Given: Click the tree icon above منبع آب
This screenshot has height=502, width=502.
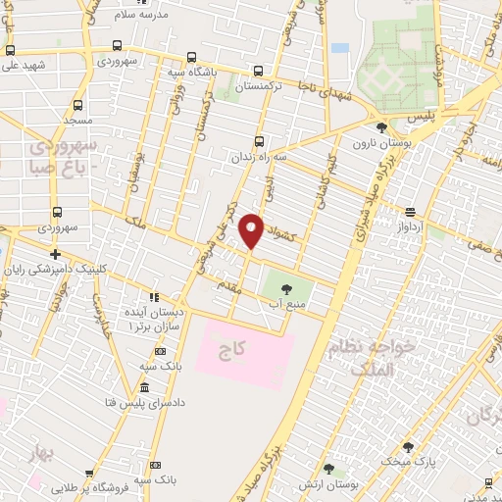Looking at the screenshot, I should pyautogui.click(x=286, y=288).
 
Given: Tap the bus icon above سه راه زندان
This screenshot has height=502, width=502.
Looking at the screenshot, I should pyautogui.click(x=260, y=140).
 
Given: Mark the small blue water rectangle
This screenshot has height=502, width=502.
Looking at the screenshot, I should pyautogui.click(x=340, y=47).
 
